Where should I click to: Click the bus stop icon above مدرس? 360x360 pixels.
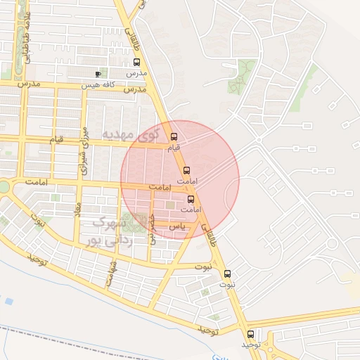[x=136, y=62]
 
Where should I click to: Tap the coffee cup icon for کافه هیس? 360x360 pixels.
[x=98, y=74]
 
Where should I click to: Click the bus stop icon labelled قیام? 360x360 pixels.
[x=174, y=137]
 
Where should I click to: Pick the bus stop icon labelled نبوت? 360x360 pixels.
[x=226, y=274]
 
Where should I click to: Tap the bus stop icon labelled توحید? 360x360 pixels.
[x=250, y=334]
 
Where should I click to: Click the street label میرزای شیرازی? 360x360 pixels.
[x=84, y=151]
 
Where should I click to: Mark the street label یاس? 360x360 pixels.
[x=179, y=226]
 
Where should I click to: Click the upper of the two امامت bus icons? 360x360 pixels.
[x=186, y=170]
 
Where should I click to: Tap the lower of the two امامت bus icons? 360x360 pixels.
[x=190, y=199]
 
